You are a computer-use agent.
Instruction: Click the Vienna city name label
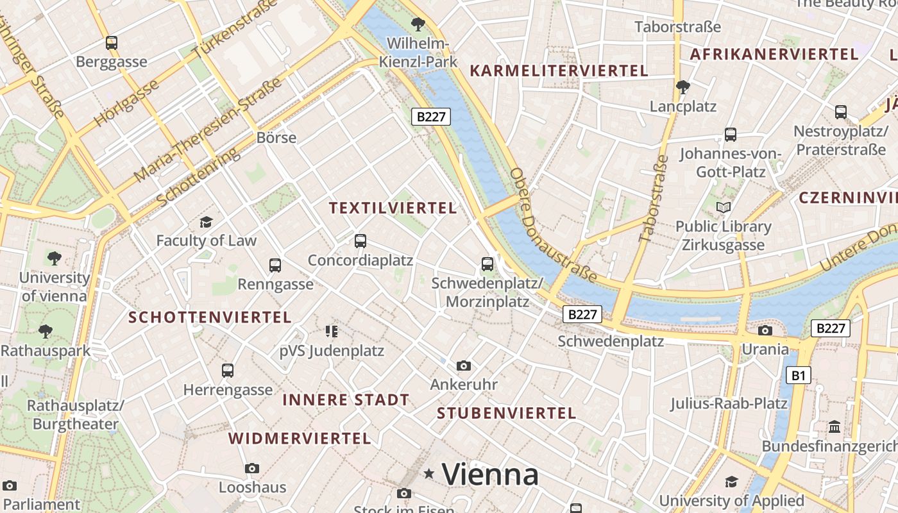(490, 475)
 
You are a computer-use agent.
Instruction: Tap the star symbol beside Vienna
(429, 474)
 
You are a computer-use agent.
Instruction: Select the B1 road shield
(798, 375)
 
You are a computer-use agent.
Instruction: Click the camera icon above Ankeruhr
(464, 366)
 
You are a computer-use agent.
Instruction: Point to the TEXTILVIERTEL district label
(393, 208)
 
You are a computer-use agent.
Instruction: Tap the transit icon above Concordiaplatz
(360, 241)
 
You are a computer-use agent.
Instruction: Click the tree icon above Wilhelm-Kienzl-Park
(418, 24)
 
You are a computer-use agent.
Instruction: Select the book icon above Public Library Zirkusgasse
(724, 207)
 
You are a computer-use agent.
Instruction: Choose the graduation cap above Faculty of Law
(206, 222)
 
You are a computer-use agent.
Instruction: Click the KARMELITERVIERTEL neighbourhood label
(559, 71)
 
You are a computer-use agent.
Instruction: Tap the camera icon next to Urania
(765, 330)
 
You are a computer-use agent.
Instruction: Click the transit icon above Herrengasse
(228, 370)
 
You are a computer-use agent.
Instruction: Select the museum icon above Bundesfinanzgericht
(834, 426)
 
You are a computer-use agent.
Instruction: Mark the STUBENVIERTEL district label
(507, 414)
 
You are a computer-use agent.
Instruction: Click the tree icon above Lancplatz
(683, 87)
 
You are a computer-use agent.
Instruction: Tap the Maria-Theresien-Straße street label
(208, 130)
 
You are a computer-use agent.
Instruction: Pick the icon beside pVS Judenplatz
(332, 331)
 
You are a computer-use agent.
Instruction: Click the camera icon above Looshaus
(252, 468)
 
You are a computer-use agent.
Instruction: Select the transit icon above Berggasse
(112, 43)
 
